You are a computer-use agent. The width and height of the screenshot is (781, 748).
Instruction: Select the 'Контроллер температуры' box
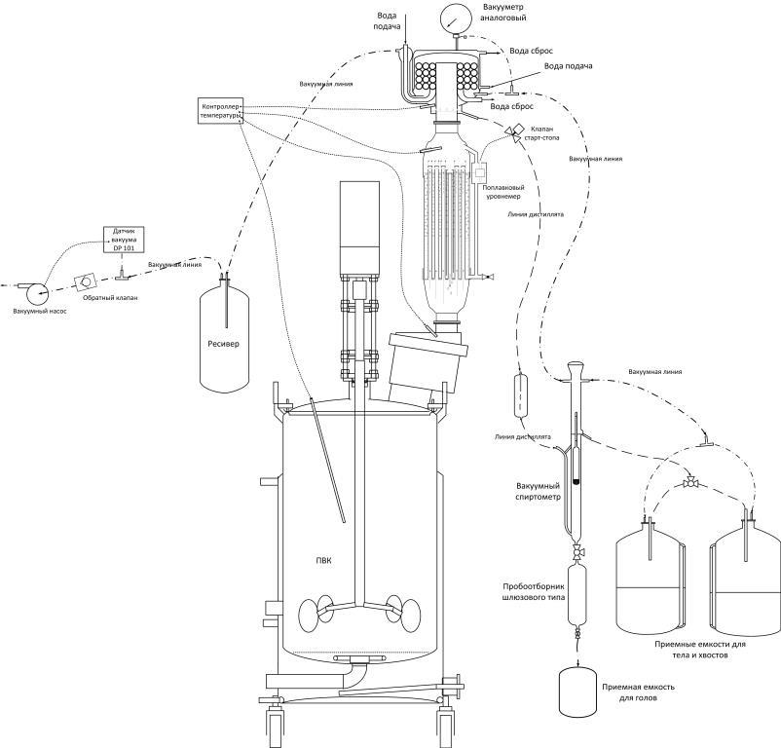[219, 109]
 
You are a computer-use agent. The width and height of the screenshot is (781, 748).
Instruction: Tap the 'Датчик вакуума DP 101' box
[124, 240]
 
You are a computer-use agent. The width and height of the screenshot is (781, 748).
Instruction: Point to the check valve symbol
[86, 280]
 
